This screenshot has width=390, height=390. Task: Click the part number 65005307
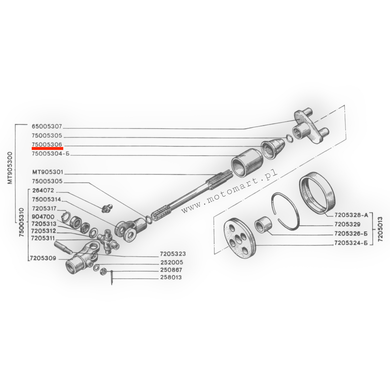(47, 126)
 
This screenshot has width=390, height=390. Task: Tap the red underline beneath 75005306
(47, 148)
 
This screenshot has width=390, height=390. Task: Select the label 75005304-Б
(50, 154)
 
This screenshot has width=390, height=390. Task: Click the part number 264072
(43, 191)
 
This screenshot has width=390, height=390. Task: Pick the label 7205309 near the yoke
(43, 258)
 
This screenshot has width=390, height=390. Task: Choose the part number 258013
(171, 277)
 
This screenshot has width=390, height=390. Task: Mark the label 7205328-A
(351, 215)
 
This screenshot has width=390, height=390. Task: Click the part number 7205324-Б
(351, 243)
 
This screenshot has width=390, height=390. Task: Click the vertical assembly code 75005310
(22, 222)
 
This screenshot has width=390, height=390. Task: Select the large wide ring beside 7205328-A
(317, 193)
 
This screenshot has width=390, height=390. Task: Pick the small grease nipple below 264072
(107, 208)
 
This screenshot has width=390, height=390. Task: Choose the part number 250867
(171, 270)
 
